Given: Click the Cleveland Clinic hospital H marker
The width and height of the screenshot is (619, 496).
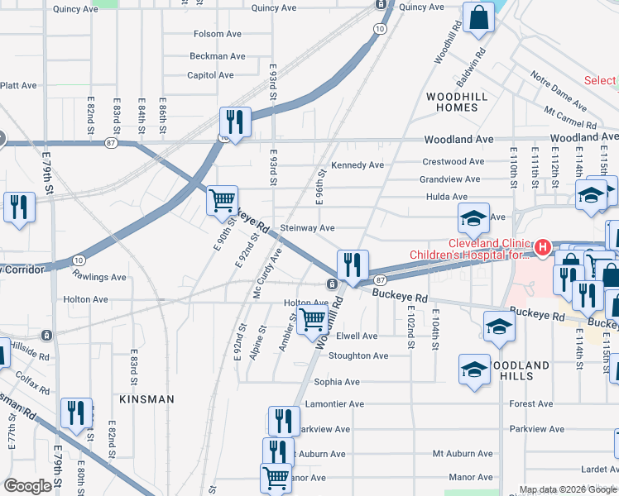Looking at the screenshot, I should [542, 247].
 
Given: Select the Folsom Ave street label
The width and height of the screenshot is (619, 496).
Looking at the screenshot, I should [218, 35].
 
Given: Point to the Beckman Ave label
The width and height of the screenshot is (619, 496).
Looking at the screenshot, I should [218, 56].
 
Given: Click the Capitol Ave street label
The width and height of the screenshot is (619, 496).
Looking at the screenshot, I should [211, 75].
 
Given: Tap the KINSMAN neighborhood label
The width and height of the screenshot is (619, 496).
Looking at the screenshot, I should [146, 399].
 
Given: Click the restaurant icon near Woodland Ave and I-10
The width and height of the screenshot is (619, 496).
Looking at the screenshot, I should [235, 122].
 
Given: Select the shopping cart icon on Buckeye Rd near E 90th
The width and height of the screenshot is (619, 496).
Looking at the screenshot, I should [222, 200].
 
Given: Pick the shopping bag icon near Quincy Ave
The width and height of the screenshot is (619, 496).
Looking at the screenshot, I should [478, 17].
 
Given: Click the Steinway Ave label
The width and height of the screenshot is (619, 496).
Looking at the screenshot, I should [307, 228].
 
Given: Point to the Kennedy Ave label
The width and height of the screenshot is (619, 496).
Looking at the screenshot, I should [357, 165].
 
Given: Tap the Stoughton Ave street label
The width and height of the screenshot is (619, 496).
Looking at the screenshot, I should [358, 356].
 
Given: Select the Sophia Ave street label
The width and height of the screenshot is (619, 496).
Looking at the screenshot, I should [337, 383].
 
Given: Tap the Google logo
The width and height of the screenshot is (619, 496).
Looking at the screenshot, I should [27, 487].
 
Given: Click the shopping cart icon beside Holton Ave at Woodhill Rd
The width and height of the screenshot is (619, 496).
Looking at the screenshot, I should [313, 318].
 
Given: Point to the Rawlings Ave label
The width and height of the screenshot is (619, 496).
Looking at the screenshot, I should [98, 277].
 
